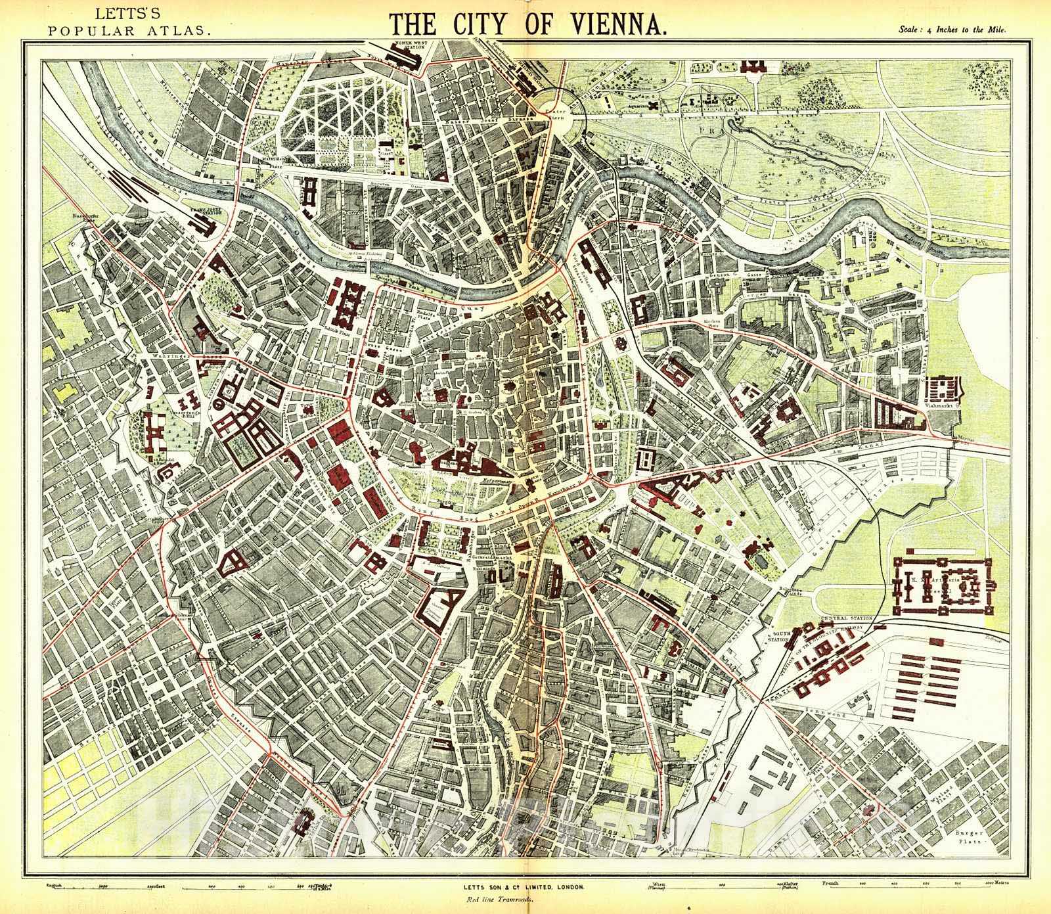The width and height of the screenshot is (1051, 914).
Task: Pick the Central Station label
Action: pyautogui.click(x=846, y=618)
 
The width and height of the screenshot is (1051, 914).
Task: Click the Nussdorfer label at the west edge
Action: pyautogui.click(x=85, y=214)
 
